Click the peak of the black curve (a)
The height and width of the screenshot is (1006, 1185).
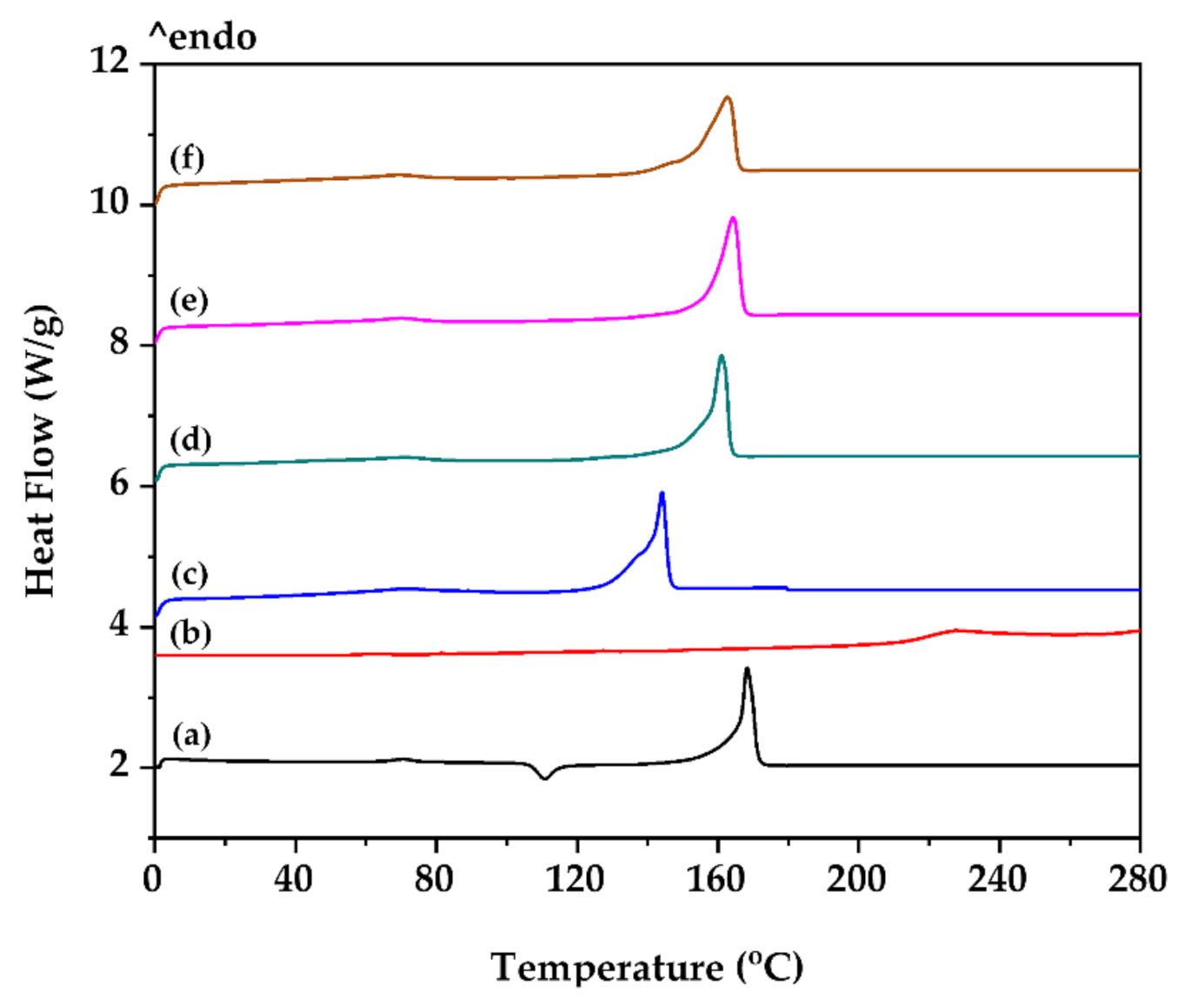click(747, 669)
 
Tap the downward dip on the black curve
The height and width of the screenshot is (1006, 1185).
click(545, 777)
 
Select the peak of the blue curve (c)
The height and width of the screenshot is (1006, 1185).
click(662, 493)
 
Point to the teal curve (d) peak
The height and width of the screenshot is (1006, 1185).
click(721, 356)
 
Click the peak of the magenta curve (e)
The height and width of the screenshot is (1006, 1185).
click(733, 217)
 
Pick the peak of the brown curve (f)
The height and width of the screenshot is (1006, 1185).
click(728, 97)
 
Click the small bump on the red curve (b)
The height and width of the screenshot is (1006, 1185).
click(956, 630)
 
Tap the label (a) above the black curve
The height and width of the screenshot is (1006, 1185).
click(191, 735)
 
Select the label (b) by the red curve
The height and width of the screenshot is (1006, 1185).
click(190, 633)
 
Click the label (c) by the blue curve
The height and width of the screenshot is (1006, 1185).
click(190, 575)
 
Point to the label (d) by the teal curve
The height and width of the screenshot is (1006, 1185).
click(190, 440)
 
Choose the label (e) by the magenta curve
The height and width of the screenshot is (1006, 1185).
click(189, 301)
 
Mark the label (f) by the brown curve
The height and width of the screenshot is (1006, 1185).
click(187, 159)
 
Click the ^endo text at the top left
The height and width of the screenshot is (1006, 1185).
click(203, 37)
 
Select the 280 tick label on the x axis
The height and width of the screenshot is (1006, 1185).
click(1136, 879)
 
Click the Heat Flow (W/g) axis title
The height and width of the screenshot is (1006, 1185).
click(41, 450)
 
